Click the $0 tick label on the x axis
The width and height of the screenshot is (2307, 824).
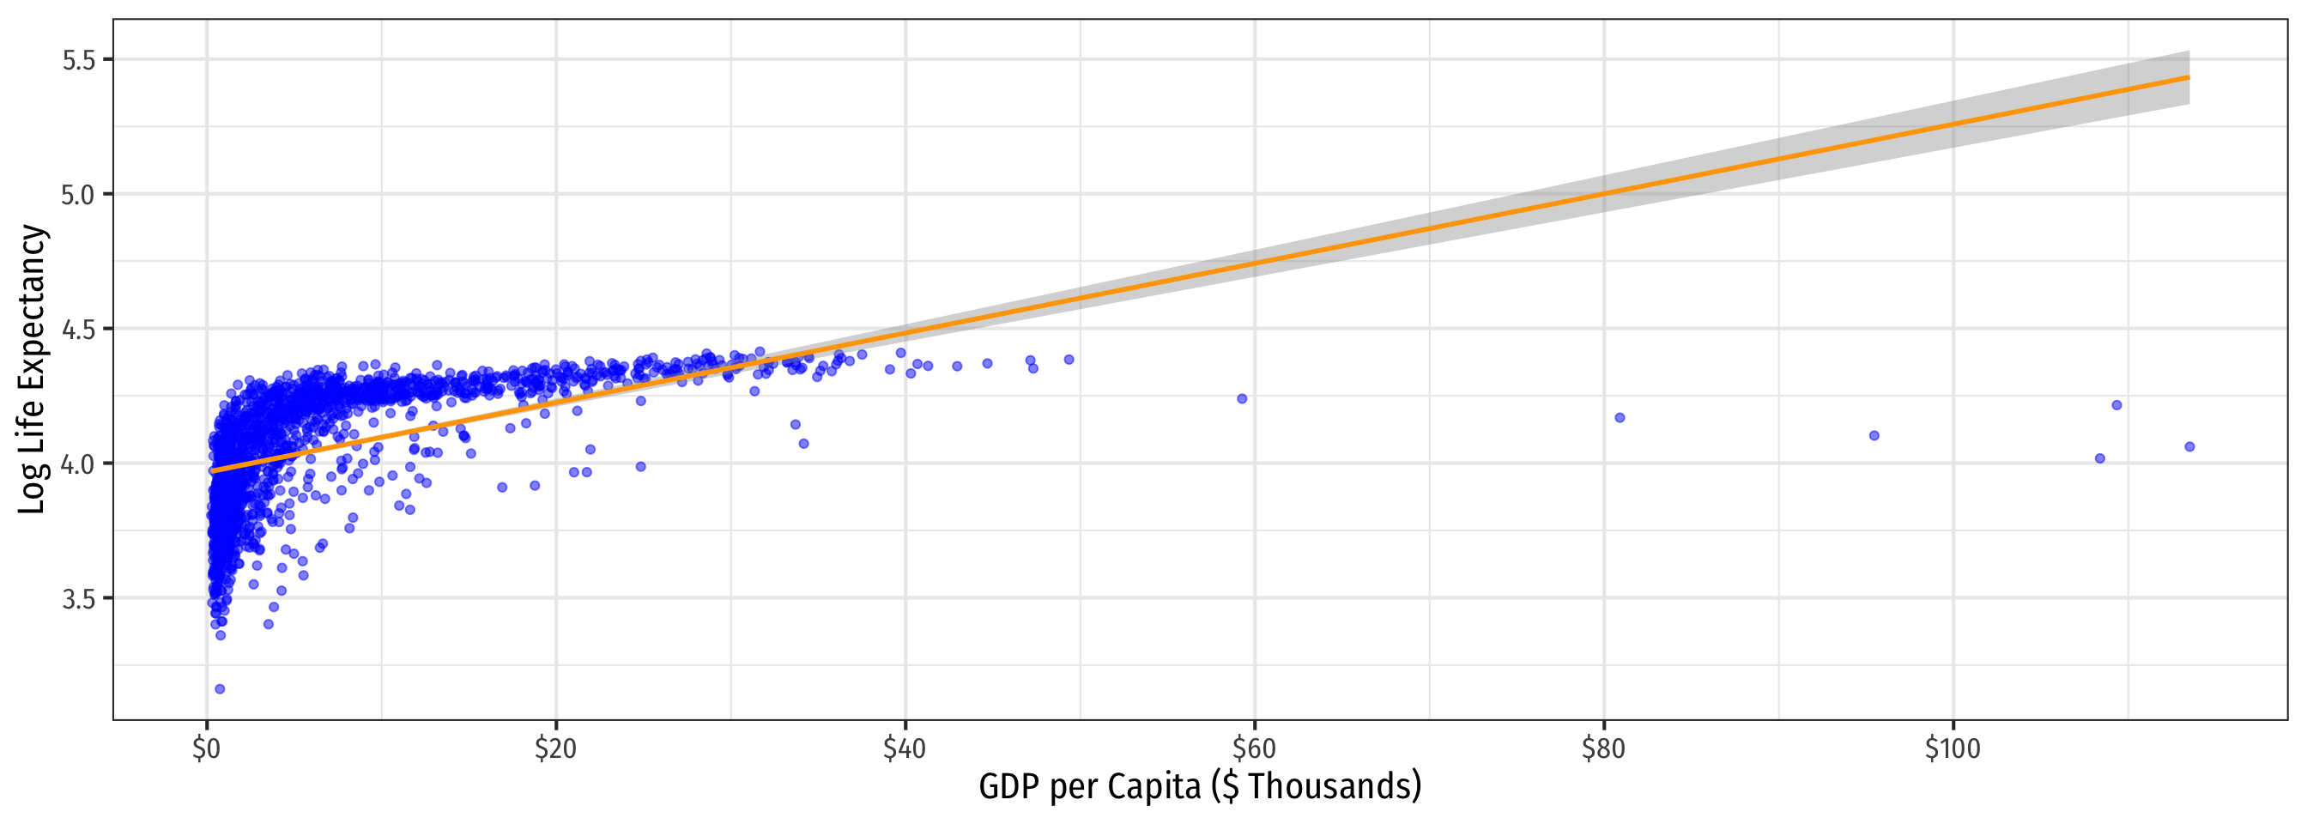point(206,748)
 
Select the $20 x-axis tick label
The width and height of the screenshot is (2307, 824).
point(555,748)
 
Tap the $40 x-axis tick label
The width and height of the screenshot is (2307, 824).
point(905,748)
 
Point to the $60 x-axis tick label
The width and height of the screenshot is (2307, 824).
point(1254,748)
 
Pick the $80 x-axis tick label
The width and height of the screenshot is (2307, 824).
point(1603,748)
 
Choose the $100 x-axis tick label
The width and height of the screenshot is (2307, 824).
point(1953,748)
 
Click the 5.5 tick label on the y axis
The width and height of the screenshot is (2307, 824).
point(77,60)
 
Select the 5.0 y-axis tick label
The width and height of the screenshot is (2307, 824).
point(77,194)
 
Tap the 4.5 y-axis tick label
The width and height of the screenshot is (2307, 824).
point(77,329)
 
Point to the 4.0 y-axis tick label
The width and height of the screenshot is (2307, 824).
point(77,464)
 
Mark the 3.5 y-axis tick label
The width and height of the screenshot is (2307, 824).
point(77,598)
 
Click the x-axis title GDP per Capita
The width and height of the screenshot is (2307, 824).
point(1200,787)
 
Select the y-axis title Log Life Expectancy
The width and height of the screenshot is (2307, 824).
point(33,369)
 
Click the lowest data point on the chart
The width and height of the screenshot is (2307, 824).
point(220,688)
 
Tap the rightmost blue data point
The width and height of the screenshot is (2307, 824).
point(2189,447)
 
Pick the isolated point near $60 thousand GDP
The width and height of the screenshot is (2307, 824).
point(1242,398)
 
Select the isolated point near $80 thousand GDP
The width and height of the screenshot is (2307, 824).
point(1620,417)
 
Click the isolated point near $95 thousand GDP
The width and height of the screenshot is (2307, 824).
point(1874,435)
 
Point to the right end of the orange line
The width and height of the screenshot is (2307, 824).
point(2189,78)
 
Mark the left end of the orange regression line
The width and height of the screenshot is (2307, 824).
point(212,470)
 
